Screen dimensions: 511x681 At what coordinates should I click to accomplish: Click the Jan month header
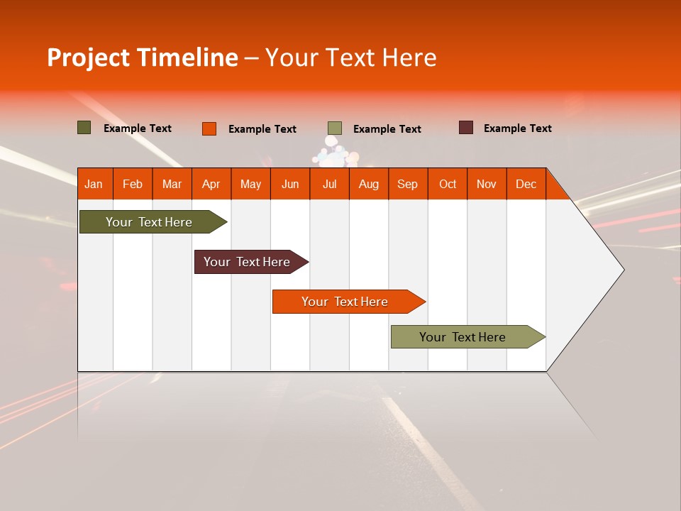pos(94,184)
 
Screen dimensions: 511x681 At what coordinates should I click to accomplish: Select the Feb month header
pos(133,184)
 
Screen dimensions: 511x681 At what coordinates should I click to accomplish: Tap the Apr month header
pos(211,184)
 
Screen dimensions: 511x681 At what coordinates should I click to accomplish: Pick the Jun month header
pos(290,184)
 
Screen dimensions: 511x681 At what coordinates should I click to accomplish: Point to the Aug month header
pos(369,184)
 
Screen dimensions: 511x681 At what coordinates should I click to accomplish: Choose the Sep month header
pos(408,184)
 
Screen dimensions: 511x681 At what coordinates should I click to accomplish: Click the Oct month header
pos(448,184)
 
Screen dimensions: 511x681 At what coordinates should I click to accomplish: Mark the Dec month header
pos(526,184)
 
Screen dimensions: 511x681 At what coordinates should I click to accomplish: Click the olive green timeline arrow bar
pos(150,222)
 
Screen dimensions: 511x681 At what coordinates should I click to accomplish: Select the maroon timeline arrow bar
pos(248,262)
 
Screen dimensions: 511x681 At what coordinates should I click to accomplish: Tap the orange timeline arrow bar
pos(345,302)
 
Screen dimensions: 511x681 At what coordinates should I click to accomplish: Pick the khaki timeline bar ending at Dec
pos(463,337)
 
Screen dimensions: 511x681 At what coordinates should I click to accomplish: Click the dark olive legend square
pos(84,128)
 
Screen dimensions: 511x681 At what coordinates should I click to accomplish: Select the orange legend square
pos(209,128)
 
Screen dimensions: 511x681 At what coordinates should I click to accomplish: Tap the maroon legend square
pos(466,128)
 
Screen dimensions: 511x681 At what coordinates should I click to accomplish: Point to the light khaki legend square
pos(335,128)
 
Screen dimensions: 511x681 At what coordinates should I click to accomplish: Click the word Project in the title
pos(89,57)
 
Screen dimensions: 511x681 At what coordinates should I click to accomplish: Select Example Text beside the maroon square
pos(517,128)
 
